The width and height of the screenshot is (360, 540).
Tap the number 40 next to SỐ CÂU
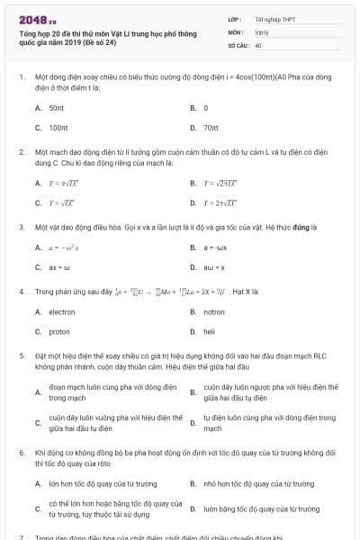258,44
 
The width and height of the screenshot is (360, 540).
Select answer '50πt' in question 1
57,107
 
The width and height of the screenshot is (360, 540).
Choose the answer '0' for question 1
206,107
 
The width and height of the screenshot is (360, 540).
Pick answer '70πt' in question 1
211,128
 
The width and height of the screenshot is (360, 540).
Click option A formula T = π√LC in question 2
63,183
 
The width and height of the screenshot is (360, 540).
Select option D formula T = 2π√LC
221,202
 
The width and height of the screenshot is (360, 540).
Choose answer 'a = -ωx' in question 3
213,247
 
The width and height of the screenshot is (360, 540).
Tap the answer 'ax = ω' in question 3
58,267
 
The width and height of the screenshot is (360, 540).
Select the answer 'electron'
62,311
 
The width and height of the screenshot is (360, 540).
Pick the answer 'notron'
214,311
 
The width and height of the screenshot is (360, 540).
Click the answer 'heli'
210,332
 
